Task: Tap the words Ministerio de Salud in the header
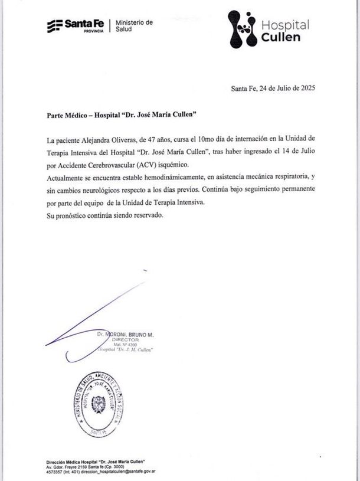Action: [133, 25]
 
